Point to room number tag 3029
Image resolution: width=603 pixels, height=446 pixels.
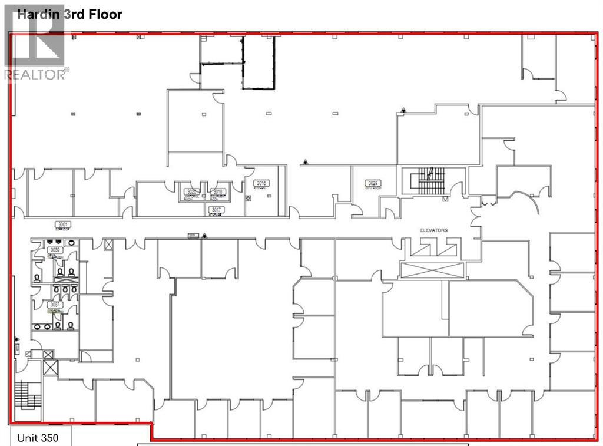click(373, 183)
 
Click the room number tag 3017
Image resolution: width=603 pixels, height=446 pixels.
click(216, 209)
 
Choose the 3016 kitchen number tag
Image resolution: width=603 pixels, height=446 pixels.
click(261, 183)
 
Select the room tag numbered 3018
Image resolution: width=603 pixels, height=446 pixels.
click(217, 191)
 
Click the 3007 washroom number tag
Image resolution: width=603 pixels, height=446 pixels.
click(55, 305)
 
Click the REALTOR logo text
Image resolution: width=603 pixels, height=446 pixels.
click(36, 74)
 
